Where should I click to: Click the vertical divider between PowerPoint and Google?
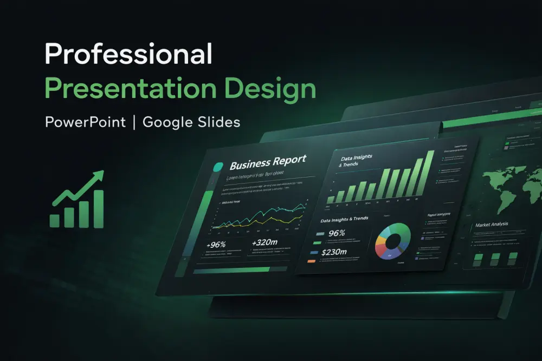coord(133,123)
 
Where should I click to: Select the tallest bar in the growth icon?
coord(98,208)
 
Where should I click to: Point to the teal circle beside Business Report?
coord(219,167)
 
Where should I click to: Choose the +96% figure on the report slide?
coord(216,245)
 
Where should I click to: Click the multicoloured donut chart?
coord(393,241)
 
